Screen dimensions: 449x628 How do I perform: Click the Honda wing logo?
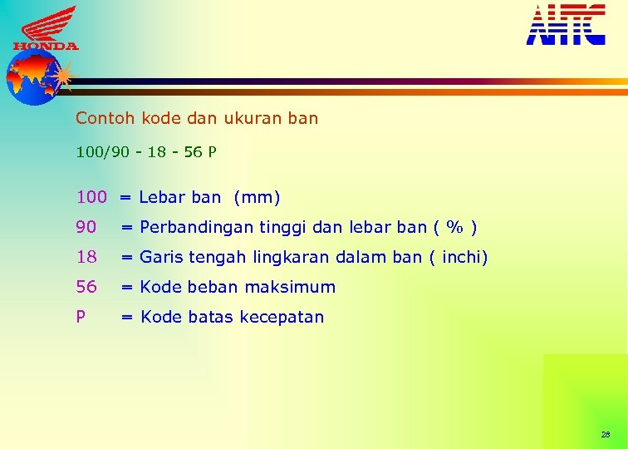pyautogui.click(x=46, y=27)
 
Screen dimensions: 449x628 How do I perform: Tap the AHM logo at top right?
pyautogui.click(x=566, y=24)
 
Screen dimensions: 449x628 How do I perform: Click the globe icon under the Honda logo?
pyautogui.click(x=32, y=77)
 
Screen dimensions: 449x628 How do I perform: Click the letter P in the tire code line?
pyautogui.click(x=213, y=153)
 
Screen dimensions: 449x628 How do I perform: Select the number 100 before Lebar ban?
pyautogui.click(x=91, y=198)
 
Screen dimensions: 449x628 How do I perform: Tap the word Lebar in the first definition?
pyautogui.click(x=162, y=198)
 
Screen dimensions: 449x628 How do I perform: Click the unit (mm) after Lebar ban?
pyautogui.click(x=258, y=198)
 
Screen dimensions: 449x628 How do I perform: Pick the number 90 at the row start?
pyautogui.click(x=86, y=227)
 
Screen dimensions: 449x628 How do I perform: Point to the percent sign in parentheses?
pyautogui.click(x=454, y=227)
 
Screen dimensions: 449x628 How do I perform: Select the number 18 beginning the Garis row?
pyautogui.click(x=86, y=257)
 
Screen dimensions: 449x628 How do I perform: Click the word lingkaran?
pyautogui.click(x=278, y=258)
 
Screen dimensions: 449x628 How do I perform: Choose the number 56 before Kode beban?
pyautogui.click(x=86, y=287)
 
